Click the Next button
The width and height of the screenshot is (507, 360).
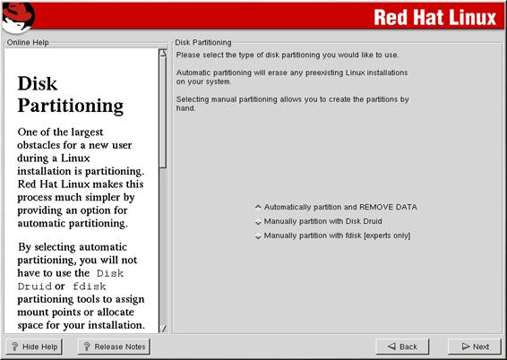[x=475, y=347]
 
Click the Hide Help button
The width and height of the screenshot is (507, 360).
[x=34, y=347]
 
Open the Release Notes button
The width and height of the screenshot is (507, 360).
[x=114, y=347]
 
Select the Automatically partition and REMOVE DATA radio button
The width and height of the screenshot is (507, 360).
[x=258, y=207]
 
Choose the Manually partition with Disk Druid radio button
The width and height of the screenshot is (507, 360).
[x=258, y=222]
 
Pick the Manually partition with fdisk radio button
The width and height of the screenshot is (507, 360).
[x=258, y=236]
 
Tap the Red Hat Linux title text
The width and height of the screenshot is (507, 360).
[x=435, y=17]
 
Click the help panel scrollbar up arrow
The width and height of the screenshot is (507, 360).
[x=163, y=53]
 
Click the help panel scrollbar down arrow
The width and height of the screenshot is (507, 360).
[x=163, y=329]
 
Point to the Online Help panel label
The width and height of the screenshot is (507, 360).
[x=28, y=42]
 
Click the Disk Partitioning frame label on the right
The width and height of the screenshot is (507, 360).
[x=203, y=42]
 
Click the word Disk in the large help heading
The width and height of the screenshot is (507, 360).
[x=38, y=83]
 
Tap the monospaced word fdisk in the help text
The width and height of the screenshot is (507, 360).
[x=90, y=287]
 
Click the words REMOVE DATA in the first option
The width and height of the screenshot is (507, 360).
[x=388, y=207]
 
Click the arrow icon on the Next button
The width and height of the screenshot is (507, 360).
[x=466, y=347]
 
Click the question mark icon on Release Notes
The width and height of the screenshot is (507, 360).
[x=87, y=347]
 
